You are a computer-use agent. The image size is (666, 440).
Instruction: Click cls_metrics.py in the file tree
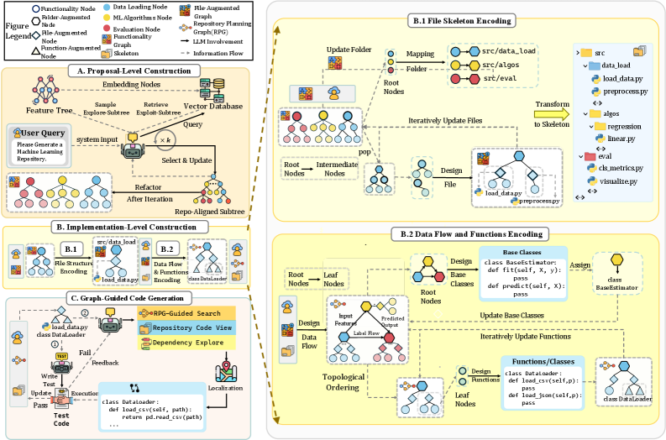(621, 168)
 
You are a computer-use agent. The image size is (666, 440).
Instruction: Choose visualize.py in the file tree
(619, 181)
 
